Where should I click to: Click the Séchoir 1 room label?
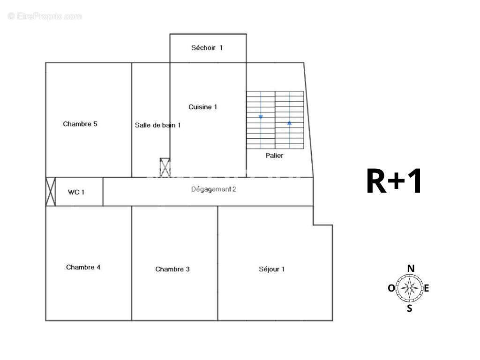207,48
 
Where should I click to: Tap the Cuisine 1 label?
202,107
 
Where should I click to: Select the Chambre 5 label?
80,124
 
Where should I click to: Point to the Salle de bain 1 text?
157,125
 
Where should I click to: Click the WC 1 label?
76,192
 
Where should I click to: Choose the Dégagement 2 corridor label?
214,189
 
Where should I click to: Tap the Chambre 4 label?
83,267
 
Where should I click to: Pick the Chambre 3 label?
172,269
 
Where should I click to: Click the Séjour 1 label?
271,269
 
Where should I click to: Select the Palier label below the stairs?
274,156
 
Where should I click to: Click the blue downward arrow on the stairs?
261,117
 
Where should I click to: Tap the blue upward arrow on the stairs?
289,123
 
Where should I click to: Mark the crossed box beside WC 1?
51,192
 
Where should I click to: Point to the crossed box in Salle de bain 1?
165,167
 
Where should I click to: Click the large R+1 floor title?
394,181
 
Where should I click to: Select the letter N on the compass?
411,269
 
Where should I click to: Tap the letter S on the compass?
410,308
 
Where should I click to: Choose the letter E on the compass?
426,288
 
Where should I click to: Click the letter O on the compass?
391,288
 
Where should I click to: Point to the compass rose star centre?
410,288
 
